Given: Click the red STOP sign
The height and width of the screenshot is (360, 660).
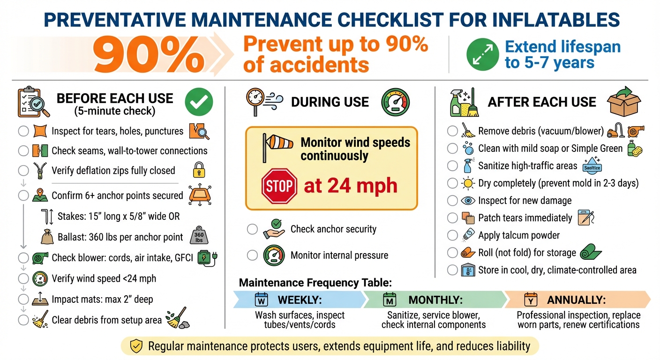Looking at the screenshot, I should click(x=280, y=187).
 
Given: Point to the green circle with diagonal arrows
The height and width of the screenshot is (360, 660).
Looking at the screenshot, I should click(x=482, y=55).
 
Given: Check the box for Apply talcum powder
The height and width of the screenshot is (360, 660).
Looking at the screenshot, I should click(x=452, y=235).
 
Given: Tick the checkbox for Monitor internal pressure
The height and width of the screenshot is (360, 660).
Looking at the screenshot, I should click(x=253, y=255).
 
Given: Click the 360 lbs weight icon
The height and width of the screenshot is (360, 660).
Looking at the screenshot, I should click(x=199, y=237).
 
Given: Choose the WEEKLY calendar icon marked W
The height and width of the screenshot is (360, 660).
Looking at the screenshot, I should click(x=261, y=300).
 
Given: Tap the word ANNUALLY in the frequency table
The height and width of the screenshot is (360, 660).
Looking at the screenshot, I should click(x=576, y=300).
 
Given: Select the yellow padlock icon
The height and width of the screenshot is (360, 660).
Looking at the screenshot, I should click(x=199, y=171).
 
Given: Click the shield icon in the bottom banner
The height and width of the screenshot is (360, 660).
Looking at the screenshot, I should click(x=136, y=346).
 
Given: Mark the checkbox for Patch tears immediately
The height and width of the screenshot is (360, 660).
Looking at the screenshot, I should click(x=452, y=218).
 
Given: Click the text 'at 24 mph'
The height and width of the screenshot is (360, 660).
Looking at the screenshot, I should click(x=350, y=187).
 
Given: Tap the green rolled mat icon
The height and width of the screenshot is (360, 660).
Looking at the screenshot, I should click(x=590, y=253).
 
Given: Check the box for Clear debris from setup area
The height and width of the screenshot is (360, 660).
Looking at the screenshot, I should click(x=23, y=321).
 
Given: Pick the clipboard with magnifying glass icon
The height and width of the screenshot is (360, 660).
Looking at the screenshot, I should click(x=33, y=101).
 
